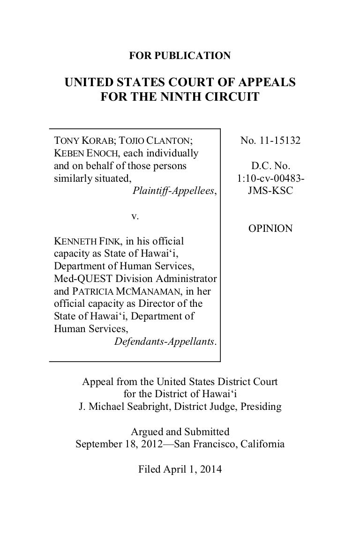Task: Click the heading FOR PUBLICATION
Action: (x=180, y=56)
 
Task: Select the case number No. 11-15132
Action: (x=270, y=140)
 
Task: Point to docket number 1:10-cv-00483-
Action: (x=270, y=178)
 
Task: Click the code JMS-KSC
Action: (x=270, y=191)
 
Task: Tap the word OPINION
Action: (x=270, y=229)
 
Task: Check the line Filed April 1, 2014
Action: (x=180, y=468)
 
